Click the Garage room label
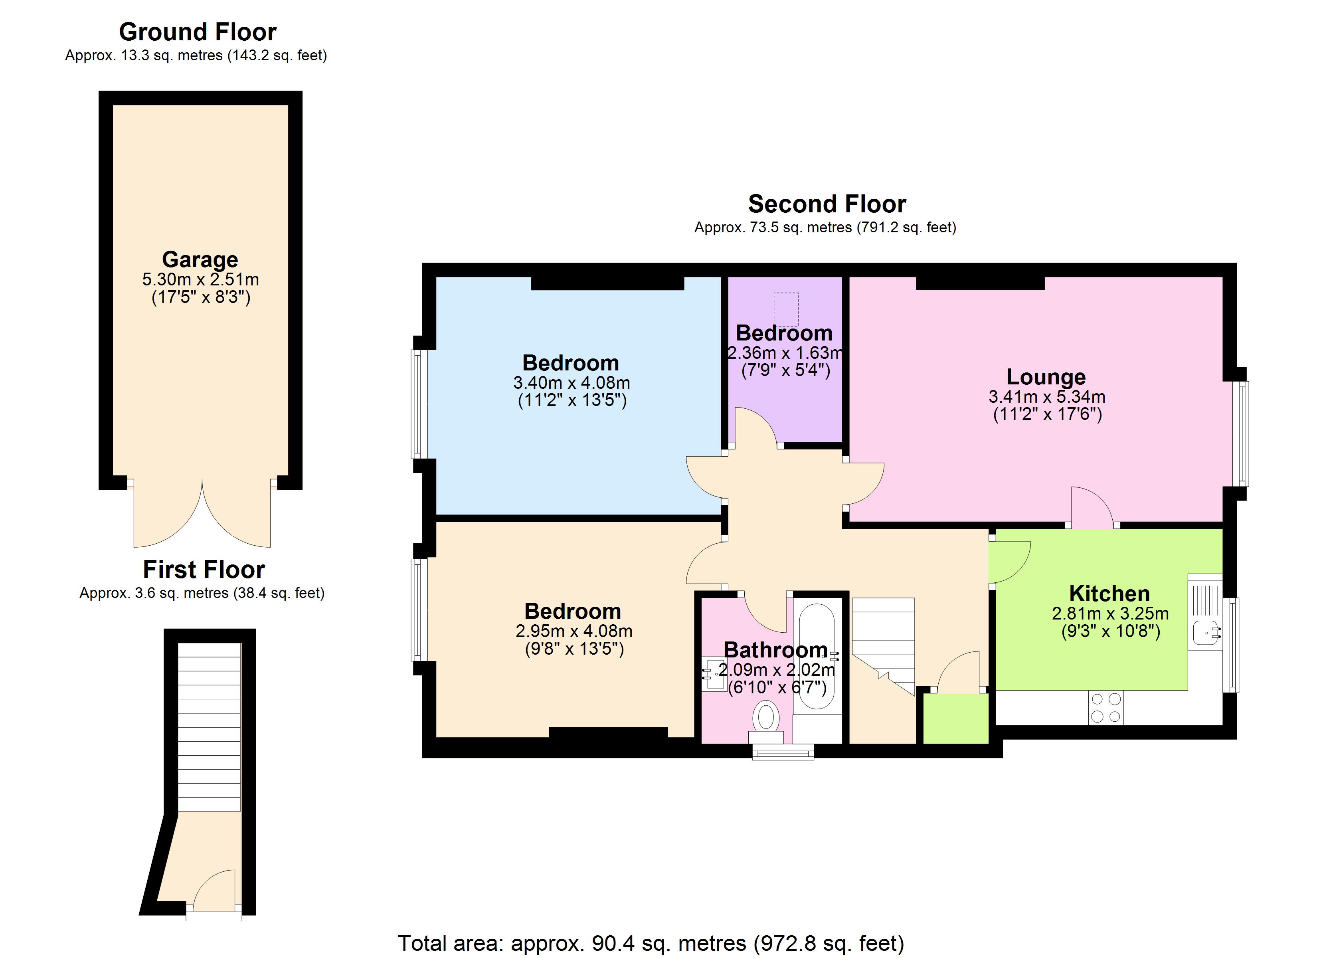pyautogui.click(x=200, y=259)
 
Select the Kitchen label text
pyautogui.click(x=1109, y=593)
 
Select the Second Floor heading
pyautogui.click(x=827, y=204)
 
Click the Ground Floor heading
pyautogui.click(x=198, y=32)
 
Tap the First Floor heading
pyautogui.click(x=204, y=569)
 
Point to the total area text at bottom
pyautogui.click(x=651, y=943)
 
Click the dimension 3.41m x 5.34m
pyautogui.click(x=1046, y=397)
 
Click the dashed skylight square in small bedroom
pyautogui.click(x=786, y=309)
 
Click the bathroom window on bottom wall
pyautogui.click(x=783, y=753)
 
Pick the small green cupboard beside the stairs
pyautogui.click(x=955, y=718)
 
